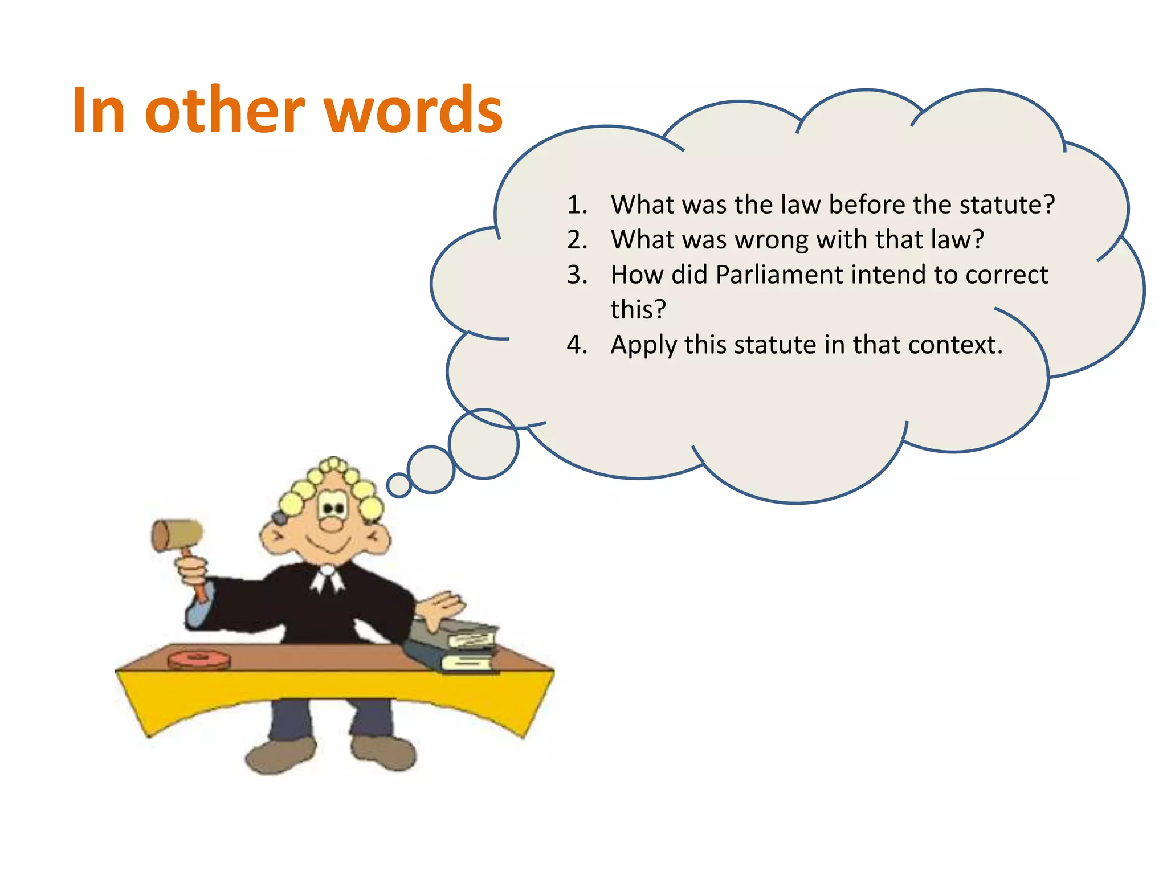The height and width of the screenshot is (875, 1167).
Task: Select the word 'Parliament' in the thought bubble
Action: pyautogui.click(x=778, y=275)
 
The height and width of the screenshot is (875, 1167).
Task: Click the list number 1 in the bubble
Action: pyautogui.click(x=577, y=205)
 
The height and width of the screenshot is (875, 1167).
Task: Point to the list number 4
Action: pyautogui.click(x=577, y=345)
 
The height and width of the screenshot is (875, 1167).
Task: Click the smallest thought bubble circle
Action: pyautogui.click(x=399, y=485)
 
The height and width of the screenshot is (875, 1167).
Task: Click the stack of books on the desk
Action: pyautogui.click(x=456, y=647)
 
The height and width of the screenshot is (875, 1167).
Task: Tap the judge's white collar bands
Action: pyautogui.click(x=327, y=580)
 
